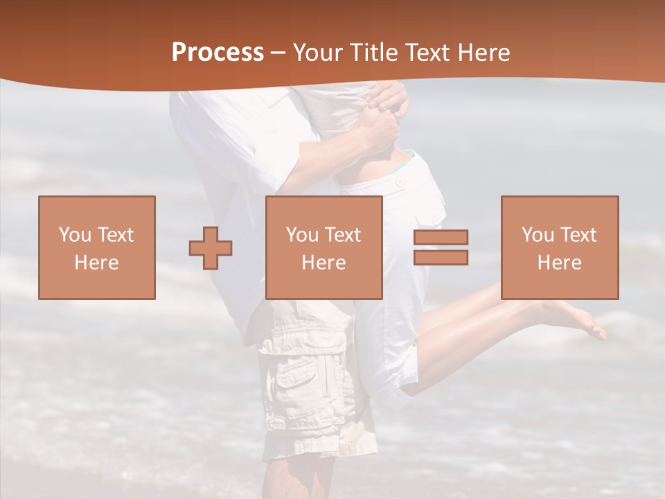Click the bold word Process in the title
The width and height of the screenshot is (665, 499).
[x=218, y=53]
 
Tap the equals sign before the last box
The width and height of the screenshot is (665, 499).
[x=441, y=247]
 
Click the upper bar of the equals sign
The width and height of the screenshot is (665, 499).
[x=441, y=238]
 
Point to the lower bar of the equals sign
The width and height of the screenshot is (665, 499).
[x=441, y=257]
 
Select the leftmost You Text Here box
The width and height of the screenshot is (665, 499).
[x=97, y=247]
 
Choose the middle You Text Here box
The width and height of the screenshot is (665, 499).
[x=323, y=247]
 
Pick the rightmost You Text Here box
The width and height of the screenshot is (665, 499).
[x=559, y=247]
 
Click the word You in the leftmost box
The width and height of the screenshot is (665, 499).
[x=74, y=234]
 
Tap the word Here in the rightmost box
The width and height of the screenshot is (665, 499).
[x=559, y=263]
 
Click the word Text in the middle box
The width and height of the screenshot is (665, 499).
[x=343, y=234]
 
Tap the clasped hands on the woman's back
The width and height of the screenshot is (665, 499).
[x=384, y=114]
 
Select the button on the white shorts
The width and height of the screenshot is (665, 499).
[x=400, y=182]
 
